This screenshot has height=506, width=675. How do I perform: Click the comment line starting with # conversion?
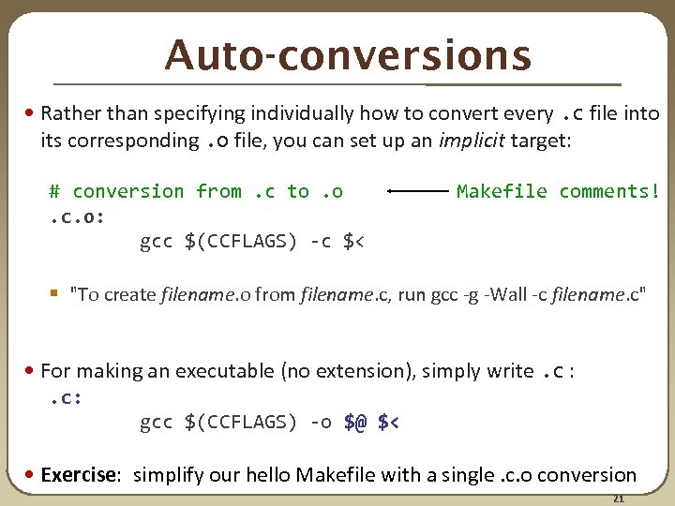pyautogui.click(x=196, y=191)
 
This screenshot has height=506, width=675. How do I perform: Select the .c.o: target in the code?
pyautogui.click(x=76, y=216)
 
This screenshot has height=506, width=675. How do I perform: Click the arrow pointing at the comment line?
pyautogui.click(x=418, y=191)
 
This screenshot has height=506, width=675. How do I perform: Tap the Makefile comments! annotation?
pyautogui.click(x=558, y=191)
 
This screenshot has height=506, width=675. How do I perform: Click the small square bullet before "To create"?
pyautogui.click(x=60, y=294)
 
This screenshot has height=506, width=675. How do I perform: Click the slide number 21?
pyautogui.click(x=618, y=497)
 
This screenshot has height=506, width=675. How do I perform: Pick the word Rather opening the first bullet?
pyautogui.click(x=70, y=114)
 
